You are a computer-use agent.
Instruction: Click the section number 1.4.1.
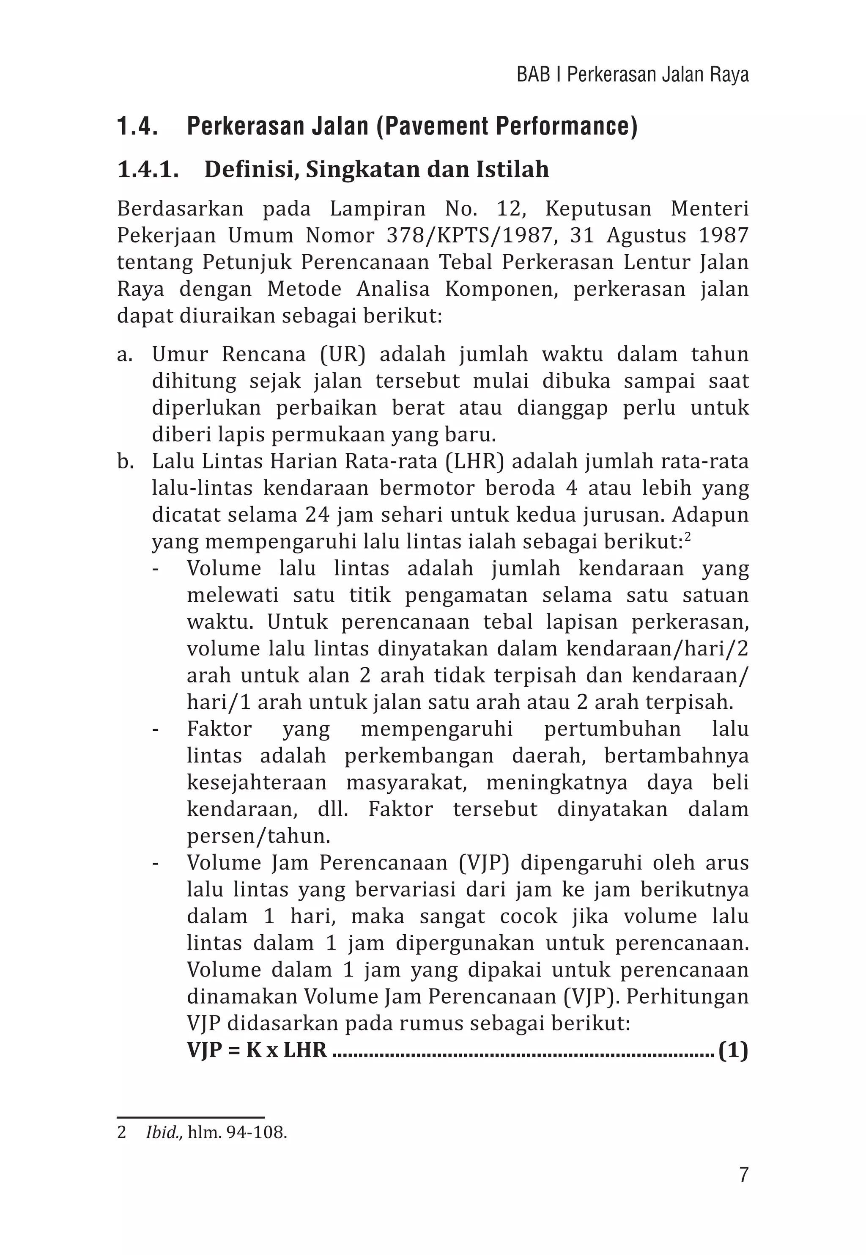pyautogui.click(x=148, y=170)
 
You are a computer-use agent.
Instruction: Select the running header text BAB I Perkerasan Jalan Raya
pyautogui.click(x=632, y=74)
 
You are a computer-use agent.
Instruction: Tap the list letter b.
pyautogui.click(x=124, y=461)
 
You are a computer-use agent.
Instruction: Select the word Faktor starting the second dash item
pyautogui.click(x=219, y=729)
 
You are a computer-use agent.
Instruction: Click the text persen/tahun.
pyautogui.click(x=258, y=836)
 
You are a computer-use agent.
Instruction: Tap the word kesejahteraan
pyautogui.click(x=257, y=782)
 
